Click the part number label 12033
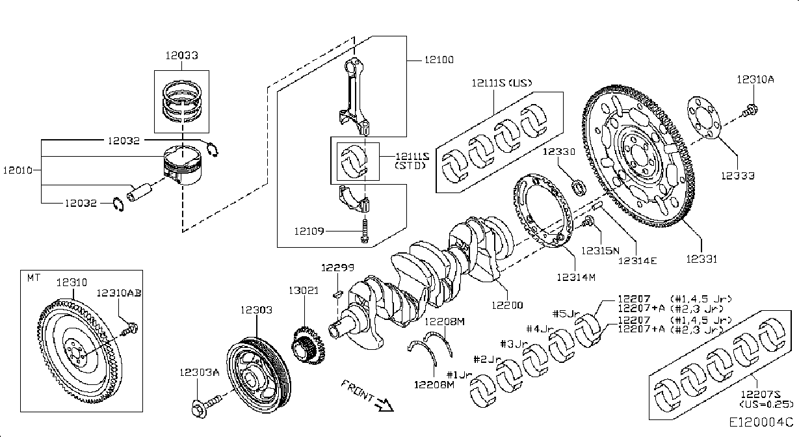coord(181,55)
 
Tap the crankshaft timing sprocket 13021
coord(308,345)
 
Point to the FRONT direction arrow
coord(384,404)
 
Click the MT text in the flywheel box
coord(34,278)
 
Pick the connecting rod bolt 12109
coord(364,230)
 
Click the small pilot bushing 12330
coord(579,188)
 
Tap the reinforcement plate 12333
coord(704,117)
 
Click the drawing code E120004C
coord(761,423)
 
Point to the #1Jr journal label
coord(460,375)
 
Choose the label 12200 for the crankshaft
coord(507,305)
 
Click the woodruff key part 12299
coord(337,294)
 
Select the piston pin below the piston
coord(139,192)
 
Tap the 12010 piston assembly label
coord(18,170)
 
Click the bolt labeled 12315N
coord(588,221)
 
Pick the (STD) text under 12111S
coord(410,166)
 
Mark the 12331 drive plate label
coord(701,259)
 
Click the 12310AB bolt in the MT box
coord(130,329)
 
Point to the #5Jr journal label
coord(566,313)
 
